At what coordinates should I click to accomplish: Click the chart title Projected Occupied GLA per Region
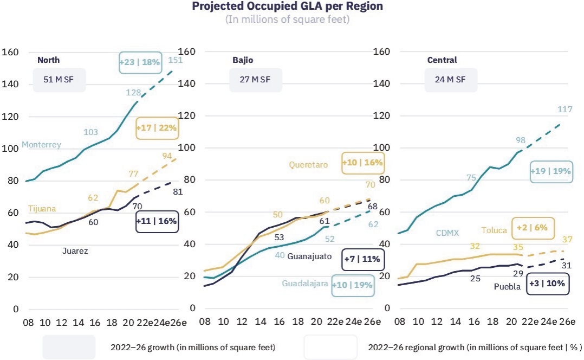287,7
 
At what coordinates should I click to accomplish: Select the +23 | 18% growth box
140,62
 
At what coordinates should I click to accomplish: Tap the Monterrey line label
41,145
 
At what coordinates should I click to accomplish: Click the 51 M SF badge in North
59,79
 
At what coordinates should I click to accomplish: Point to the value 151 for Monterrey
175,60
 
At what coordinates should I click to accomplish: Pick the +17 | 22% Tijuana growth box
157,128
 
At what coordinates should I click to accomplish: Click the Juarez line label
75,251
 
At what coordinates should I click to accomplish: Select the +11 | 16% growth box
157,221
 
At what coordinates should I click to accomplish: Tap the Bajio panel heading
243,60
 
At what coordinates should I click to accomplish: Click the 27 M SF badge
255,79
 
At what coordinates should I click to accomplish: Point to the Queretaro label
308,165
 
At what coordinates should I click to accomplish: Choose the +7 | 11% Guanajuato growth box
362,259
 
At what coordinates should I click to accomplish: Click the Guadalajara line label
304,284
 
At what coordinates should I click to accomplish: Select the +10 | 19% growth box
352,286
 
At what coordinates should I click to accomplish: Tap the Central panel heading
442,60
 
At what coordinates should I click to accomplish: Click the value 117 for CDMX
565,109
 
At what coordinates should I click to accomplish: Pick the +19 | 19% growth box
551,171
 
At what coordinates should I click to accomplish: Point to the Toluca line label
494,230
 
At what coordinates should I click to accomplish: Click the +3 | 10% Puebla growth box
548,284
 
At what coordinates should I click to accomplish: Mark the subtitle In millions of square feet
287,19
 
